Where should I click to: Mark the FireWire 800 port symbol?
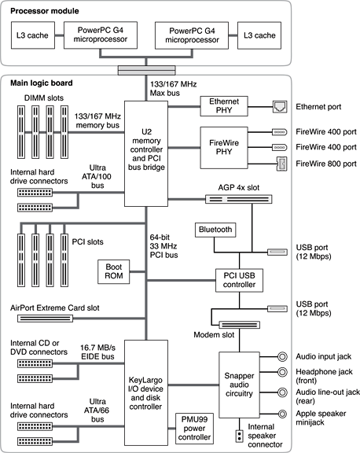tap(281, 164)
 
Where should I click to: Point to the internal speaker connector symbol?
tap(238, 436)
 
